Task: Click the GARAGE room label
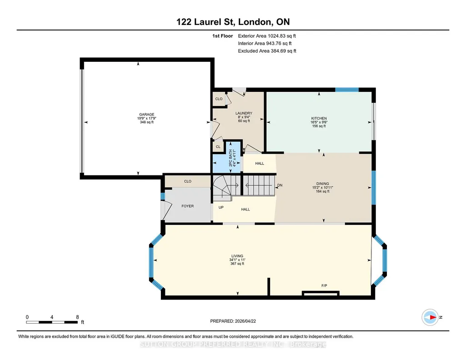pos(146,115)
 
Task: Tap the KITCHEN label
pos(319,118)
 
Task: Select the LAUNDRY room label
pos(244,113)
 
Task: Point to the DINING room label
pos(322,184)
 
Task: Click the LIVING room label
pos(237,256)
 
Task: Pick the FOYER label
pos(187,206)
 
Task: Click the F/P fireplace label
pos(324,285)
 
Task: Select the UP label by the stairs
pos(221,207)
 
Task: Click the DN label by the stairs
pos(280,185)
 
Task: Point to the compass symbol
pos(430,317)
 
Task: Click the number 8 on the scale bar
pos(78,317)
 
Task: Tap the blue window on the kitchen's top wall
pos(347,90)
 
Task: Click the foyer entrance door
pos(165,210)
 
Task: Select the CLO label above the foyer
pos(187,181)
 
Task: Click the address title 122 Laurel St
pos(205,22)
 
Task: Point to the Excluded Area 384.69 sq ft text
pos(267,51)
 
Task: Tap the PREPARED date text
pos(233,321)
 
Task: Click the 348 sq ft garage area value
pos(146,122)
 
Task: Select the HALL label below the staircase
pos(245,210)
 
